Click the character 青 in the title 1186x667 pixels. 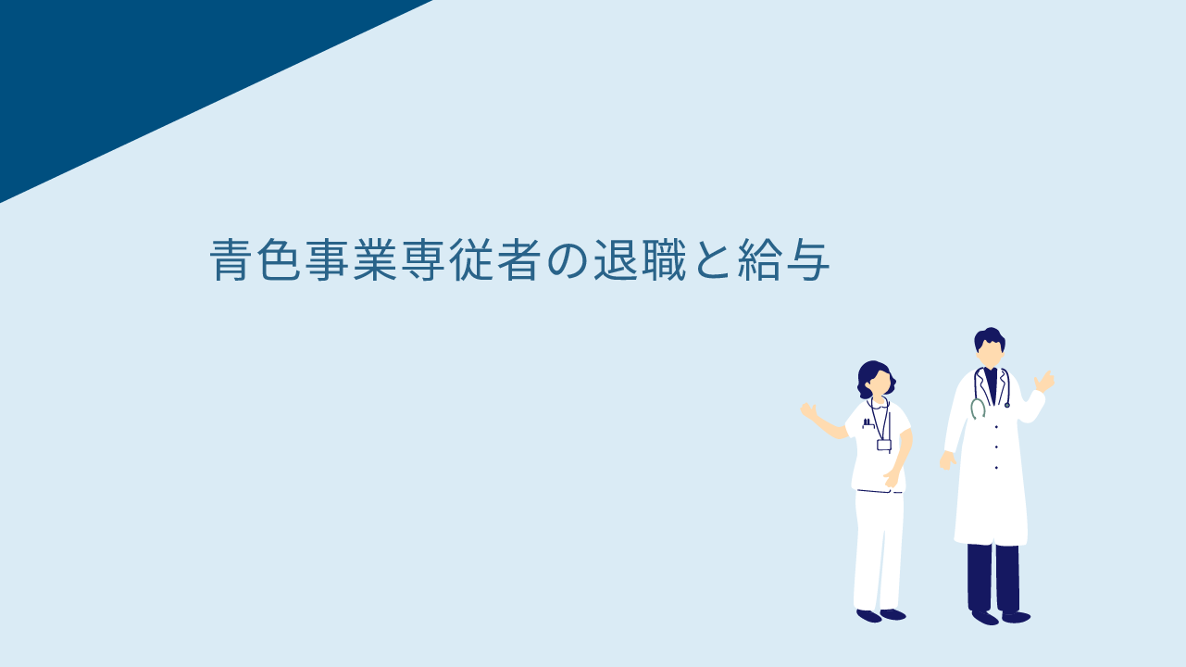[231, 259]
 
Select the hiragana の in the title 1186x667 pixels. [569, 259]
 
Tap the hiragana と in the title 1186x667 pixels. [712, 259]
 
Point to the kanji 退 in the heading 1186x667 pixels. [616, 259]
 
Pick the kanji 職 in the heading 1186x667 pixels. [665, 259]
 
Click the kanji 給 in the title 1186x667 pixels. [760, 259]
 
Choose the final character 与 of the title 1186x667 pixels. [808, 259]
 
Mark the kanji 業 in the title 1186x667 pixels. [375, 259]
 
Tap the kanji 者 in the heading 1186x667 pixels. [519, 259]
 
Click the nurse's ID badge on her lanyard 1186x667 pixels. [883, 445]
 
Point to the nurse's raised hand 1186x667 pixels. [808, 411]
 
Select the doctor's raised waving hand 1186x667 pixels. [1044, 382]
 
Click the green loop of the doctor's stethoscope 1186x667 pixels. [978, 409]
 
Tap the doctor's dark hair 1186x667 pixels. [990, 337]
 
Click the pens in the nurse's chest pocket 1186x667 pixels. [867, 422]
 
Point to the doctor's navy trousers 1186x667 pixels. [993, 578]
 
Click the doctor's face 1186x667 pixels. [990, 353]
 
